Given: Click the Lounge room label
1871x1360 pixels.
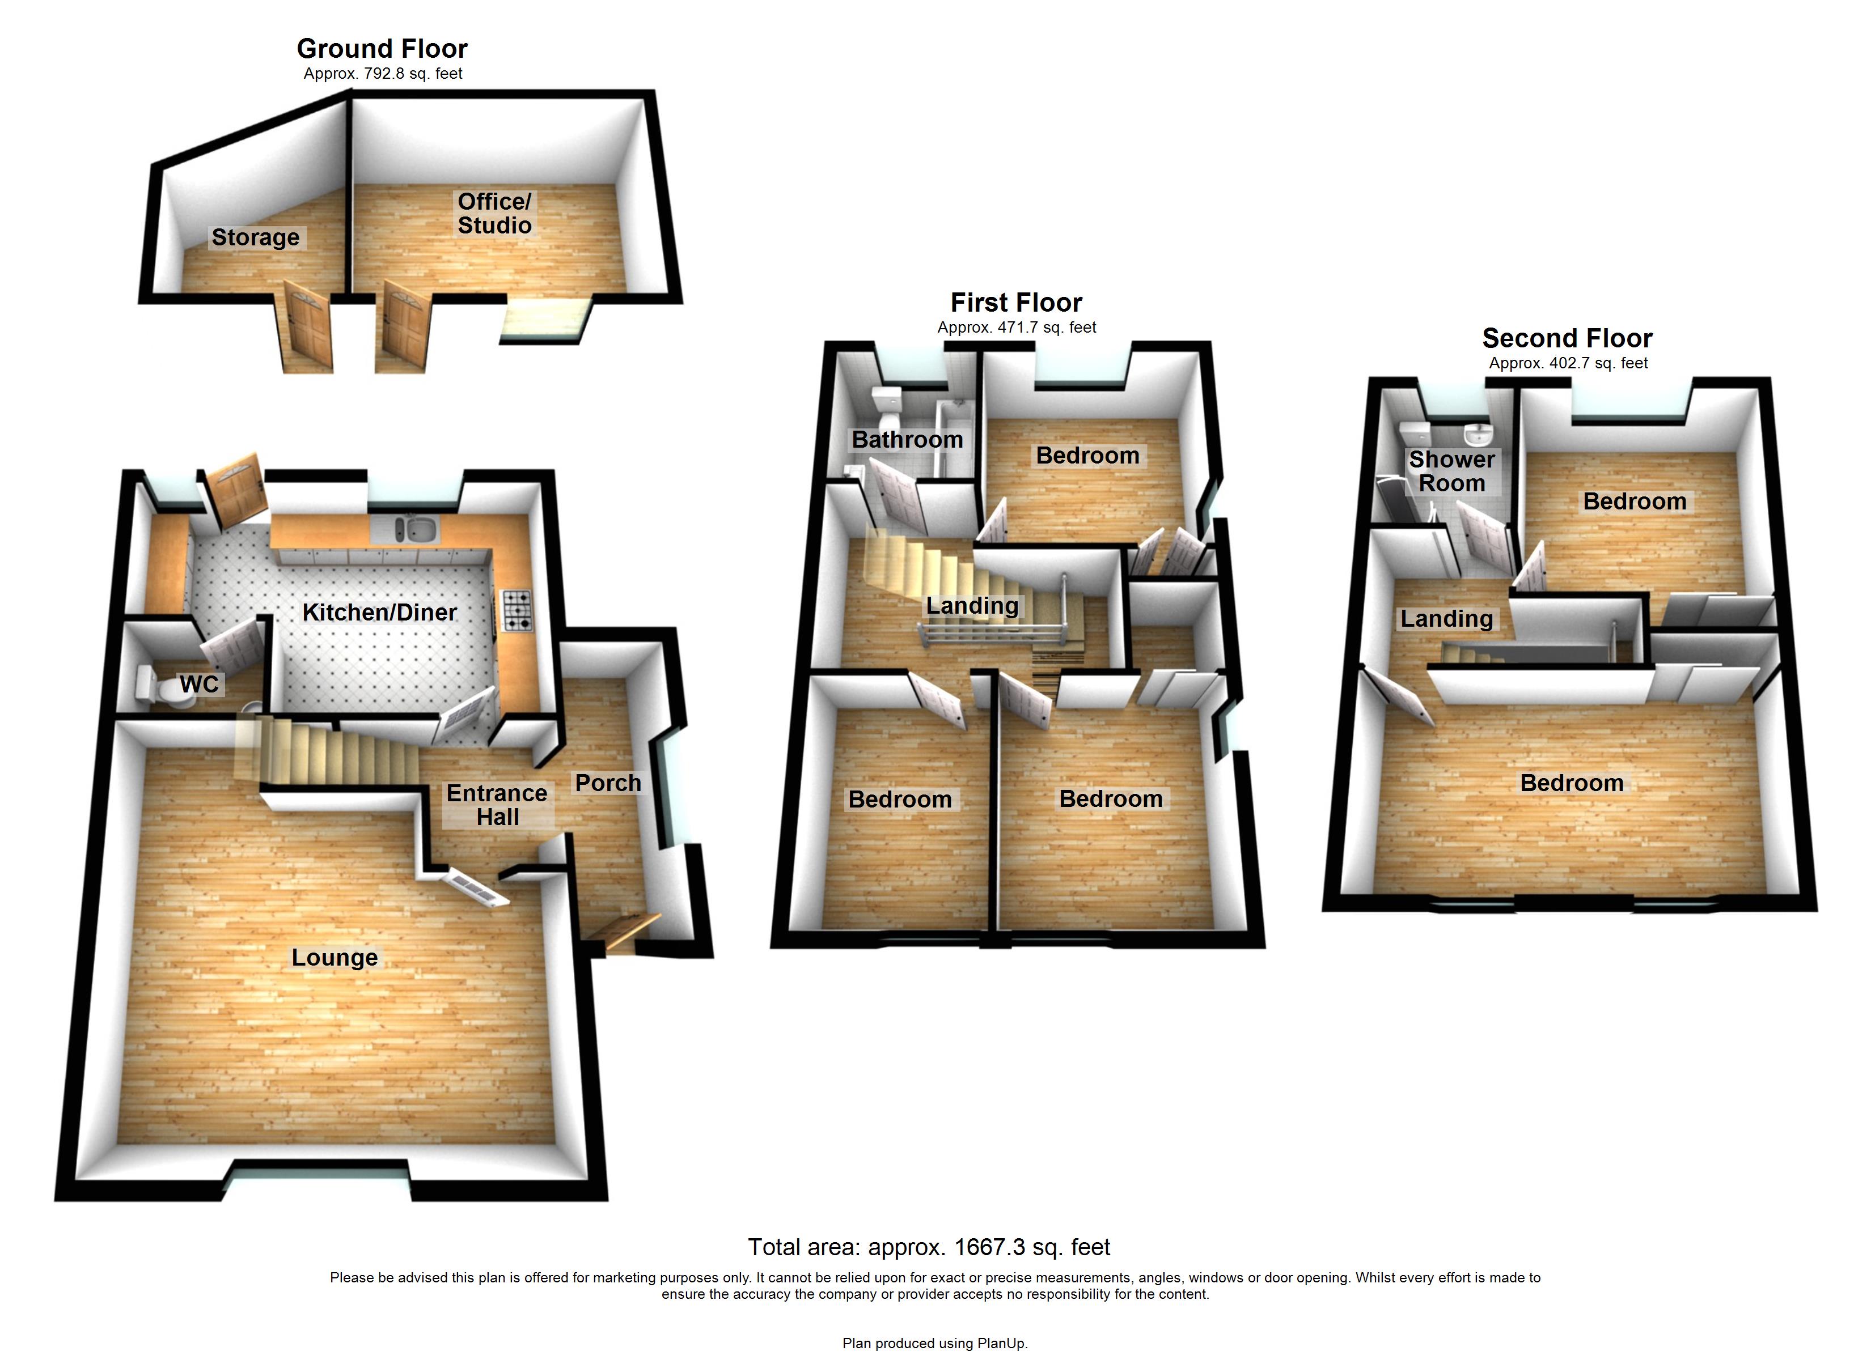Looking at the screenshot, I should click(334, 958).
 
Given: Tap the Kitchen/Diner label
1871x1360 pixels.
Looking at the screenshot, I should click(379, 612).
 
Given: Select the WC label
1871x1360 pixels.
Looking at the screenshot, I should click(200, 684).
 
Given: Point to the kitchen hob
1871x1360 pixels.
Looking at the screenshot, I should click(517, 611).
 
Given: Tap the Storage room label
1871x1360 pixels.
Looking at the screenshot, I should click(256, 237).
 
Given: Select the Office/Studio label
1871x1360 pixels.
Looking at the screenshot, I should click(494, 214).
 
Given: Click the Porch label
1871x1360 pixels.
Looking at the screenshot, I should click(608, 783).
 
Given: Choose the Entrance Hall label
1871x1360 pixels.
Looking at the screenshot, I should click(497, 805).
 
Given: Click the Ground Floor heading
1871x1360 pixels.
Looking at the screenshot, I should click(382, 49).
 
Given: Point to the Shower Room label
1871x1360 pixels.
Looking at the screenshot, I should click(1452, 471).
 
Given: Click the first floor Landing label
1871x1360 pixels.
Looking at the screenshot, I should click(972, 605).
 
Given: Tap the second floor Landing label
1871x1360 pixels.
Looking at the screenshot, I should click(1447, 619).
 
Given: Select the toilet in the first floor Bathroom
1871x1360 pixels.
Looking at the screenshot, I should click(888, 402).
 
